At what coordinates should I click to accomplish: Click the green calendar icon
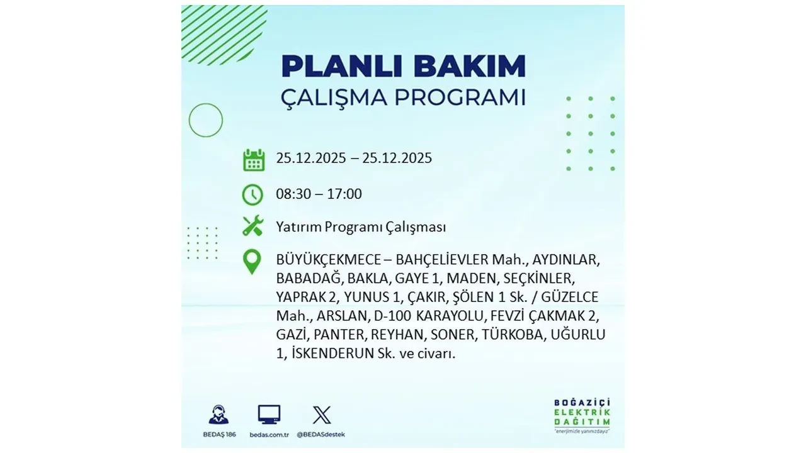point(254,160)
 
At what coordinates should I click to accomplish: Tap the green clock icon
point(253,194)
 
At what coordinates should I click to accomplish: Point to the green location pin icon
point(252,262)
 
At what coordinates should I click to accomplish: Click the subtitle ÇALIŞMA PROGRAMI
point(403,98)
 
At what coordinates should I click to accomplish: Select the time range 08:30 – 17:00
point(319,194)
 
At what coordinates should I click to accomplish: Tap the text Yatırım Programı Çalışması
point(361,227)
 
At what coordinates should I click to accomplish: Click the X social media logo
point(322,415)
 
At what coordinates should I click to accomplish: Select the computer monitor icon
point(269,415)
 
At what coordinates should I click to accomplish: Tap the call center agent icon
point(219,415)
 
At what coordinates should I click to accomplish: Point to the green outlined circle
point(206,120)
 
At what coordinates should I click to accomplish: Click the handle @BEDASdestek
point(322,435)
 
